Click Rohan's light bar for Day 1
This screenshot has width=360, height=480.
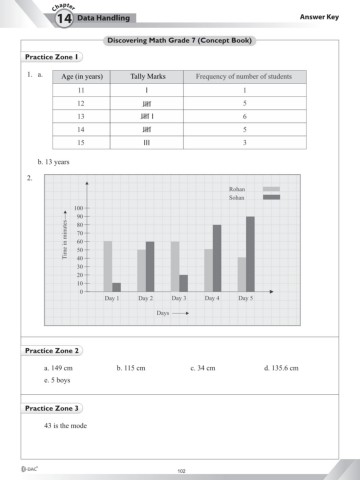[108, 267]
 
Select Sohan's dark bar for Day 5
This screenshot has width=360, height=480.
[250, 255]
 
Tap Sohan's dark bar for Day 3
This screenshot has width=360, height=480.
[183, 283]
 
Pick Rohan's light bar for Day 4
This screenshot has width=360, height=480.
[208, 270]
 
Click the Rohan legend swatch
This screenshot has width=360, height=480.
[271, 188]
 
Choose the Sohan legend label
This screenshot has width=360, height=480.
[236, 198]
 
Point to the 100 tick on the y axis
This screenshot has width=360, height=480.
[77, 207]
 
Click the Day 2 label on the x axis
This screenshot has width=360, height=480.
[145, 298]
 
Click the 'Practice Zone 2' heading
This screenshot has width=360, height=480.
[52, 351]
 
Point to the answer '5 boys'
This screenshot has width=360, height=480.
[57, 380]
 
